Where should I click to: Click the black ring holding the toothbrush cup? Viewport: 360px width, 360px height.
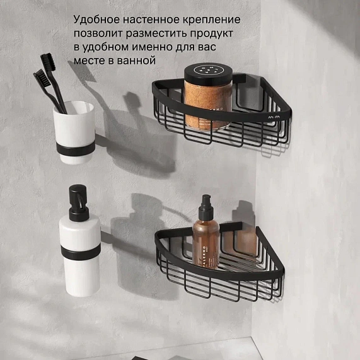(x=74, y=149)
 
